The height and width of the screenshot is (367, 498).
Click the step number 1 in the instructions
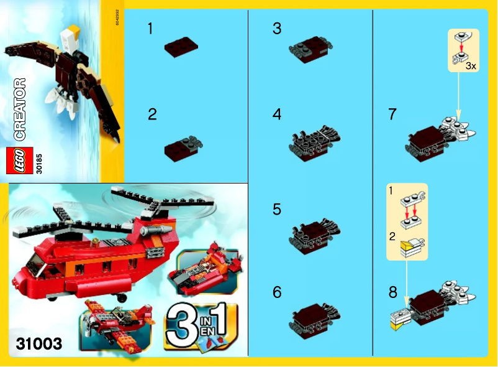150,28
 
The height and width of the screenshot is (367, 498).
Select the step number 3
277,28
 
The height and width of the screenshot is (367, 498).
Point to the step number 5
277,210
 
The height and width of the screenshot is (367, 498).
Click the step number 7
392,114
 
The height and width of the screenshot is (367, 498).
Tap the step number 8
392,290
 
